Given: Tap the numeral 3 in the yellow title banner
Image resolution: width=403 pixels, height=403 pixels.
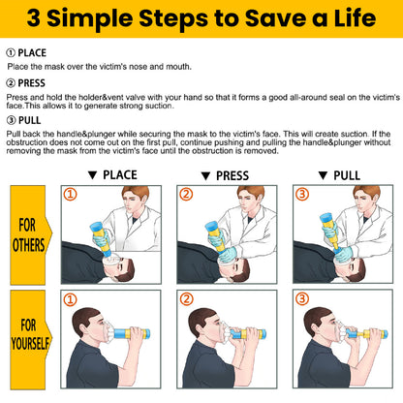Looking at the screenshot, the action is [34, 18].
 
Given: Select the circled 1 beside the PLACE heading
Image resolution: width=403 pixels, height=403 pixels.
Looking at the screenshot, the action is [11, 53].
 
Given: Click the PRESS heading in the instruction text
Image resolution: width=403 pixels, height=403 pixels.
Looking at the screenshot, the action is [31, 83].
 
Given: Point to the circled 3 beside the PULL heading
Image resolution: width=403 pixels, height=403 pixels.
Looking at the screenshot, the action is [11, 120].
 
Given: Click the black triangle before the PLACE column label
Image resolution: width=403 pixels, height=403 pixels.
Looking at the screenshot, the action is [92, 175].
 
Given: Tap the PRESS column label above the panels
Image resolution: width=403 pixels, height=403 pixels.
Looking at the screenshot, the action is [232, 176].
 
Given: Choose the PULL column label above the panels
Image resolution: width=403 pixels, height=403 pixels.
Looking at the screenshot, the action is [347, 175].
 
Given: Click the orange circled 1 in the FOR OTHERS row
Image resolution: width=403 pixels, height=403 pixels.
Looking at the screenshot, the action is [70, 195].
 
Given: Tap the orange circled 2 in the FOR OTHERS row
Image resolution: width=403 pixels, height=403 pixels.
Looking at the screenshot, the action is [186, 195].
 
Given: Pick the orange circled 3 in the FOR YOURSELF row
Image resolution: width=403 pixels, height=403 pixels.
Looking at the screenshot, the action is [302, 298].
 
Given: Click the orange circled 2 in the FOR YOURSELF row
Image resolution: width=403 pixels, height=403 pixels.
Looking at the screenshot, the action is [186, 299].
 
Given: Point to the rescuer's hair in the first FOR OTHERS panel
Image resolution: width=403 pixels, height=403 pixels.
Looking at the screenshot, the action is [136, 192].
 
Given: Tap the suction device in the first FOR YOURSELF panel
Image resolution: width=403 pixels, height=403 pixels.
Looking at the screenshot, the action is [128, 332].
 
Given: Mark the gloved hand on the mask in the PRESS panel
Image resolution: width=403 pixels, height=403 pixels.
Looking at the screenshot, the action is [228, 254].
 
